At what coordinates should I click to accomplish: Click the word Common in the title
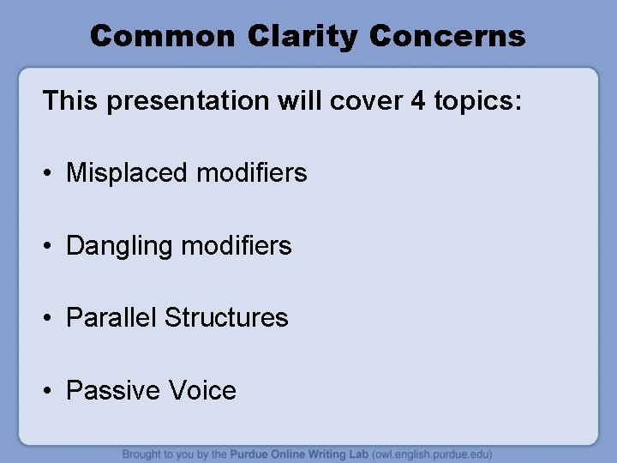coord(162,36)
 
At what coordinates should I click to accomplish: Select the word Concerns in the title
coord(448,36)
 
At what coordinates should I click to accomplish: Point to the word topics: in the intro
coord(477,101)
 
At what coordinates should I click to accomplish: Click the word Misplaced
coord(128,173)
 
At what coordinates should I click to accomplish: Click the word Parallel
coord(112,318)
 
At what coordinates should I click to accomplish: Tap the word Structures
coord(226,318)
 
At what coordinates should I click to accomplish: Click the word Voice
coord(202,391)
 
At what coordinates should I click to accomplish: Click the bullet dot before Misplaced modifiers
coord(51,174)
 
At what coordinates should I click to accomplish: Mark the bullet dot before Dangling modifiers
coord(51,247)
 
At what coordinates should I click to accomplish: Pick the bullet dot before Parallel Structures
coord(51,319)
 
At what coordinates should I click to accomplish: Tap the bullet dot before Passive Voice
coord(51,392)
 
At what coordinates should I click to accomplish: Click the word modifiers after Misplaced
coord(251,173)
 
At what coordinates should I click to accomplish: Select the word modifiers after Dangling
coord(237,246)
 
